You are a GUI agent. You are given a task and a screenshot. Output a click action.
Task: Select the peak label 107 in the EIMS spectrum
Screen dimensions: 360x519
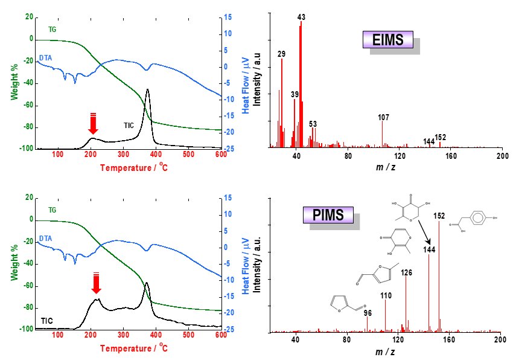pyautogui.click(x=381, y=117)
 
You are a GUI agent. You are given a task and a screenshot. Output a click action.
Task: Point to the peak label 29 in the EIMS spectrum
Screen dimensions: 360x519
pyautogui.click(x=281, y=54)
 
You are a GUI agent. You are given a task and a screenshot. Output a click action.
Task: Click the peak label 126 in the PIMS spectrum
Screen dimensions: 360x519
pyautogui.click(x=406, y=273)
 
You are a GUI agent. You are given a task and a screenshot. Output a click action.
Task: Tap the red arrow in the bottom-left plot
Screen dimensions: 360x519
pyautogui.click(x=95, y=283)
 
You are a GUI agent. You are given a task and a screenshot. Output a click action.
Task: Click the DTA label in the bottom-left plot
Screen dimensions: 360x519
pyautogui.click(x=45, y=239)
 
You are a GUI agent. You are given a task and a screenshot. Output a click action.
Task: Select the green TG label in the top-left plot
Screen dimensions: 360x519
pyautogui.click(x=53, y=28)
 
